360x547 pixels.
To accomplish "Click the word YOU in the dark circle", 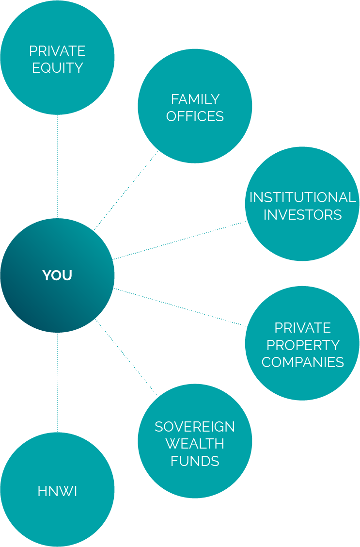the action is click(x=57, y=275).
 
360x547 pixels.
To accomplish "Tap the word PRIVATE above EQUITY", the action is click(x=57, y=51).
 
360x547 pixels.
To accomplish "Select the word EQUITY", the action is click(x=57, y=68).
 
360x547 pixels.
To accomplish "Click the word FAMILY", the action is click(x=195, y=99).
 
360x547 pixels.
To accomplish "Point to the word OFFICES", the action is click(x=195, y=116).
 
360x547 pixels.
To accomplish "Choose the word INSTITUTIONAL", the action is click(x=302, y=197).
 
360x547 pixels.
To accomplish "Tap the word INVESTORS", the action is click(x=302, y=214).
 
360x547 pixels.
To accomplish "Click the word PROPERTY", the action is click(x=302, y=345).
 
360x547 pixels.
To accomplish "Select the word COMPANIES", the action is click(x=302, y=362).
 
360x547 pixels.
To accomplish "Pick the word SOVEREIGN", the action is click(x=195, y=427).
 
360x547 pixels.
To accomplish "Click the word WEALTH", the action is click(x=195, y=444).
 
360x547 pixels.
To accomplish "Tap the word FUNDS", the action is click(x=195, y=461).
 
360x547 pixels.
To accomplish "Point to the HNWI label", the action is click(x=57, y=491).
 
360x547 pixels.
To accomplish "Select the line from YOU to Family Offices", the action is click(x=126, y=191).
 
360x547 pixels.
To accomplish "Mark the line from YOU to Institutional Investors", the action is click(x=179, y=241).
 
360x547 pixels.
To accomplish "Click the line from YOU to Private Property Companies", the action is click(x=179, y=307).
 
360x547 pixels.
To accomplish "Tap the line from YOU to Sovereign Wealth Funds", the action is click(x=126, y=358).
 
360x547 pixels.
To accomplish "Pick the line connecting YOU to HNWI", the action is click(x=57, y=382).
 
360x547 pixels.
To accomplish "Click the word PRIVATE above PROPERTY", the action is click(x=302, y=328).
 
